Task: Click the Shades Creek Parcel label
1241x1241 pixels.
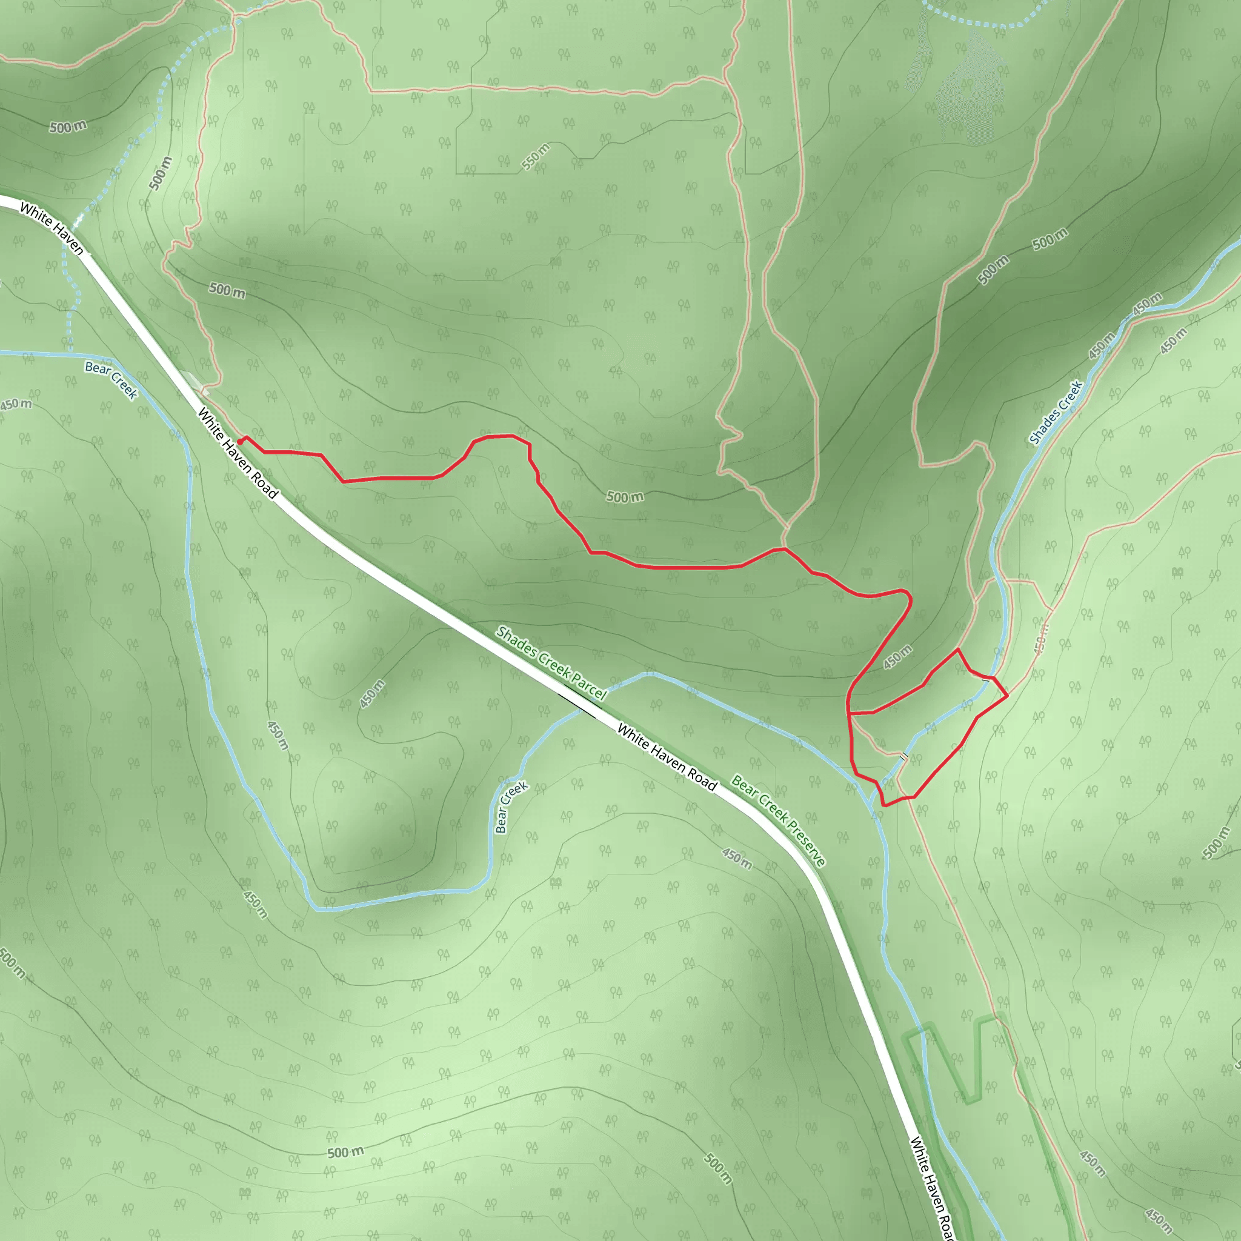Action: pyautogui.click(x=551, y=664)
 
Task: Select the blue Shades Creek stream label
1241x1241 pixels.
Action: pyautogui.click(x=1056, y=413)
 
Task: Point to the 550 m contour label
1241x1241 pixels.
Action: pyautogui.click(x=535, y=157)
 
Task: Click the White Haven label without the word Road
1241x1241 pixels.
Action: pyautogui.click(x=52, y=228)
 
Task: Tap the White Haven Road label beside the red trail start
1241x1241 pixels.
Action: pyautogui.click(x=237, y=453)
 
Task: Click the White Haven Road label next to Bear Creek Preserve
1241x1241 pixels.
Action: pyautogui.click(x=667, y=756)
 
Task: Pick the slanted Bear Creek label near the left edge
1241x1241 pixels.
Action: pyautogui.click(x=111, y=379)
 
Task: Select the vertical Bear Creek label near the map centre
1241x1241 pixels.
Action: pyautogui.click(x=511, y=807)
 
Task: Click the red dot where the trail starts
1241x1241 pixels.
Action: pyautogui.click(x=239, y=441)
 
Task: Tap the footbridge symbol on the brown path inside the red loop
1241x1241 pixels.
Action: pyautogui.click(x=903, y=756)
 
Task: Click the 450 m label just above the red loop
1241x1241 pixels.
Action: pyautogui.click(x=897, y=657)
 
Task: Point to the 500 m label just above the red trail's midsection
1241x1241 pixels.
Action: pyautogui.click(x=624, y=496)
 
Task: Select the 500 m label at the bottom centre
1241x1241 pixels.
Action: pyautogui.click(x=345, y=1153)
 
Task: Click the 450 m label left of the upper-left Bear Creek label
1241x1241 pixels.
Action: pyautogui.click(x=16, y=404)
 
